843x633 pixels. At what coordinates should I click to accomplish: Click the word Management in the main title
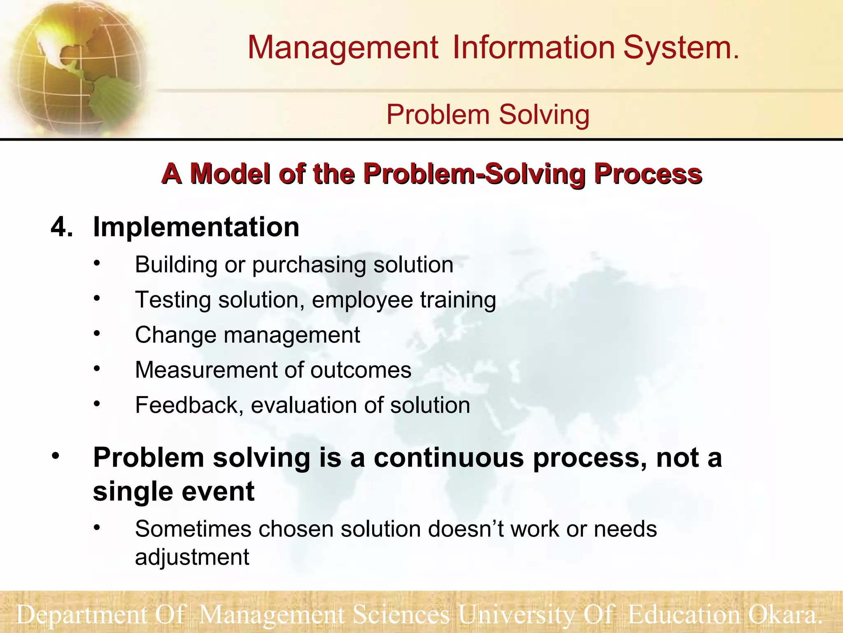[x=342, y=48]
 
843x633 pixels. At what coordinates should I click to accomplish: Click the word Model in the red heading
[x=231, y=173]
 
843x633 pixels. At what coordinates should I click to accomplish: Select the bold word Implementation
[x=196, y=227]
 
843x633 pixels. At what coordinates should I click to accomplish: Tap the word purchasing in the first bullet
[x=309, y=265]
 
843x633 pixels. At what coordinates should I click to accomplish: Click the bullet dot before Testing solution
[x=97, y=298]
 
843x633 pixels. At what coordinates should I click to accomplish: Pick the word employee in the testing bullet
[x=362, y=300]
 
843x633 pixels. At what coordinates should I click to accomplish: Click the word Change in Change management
[x=175, y=335]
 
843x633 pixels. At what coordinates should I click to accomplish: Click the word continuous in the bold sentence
[x=449, y=458]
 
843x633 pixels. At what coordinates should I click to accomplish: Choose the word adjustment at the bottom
[x=192, y=558]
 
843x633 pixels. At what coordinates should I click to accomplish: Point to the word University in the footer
[x=517, y=614]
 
